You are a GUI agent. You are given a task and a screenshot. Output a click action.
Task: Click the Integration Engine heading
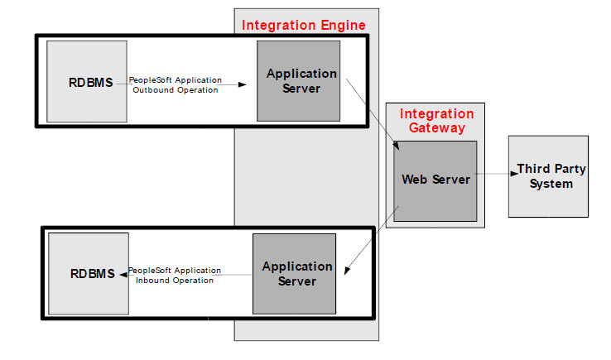[x=303, y=26]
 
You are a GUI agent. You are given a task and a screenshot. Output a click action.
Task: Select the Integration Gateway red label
[x=436, y=121]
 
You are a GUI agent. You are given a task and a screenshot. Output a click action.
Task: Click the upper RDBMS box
[x=88, y=82]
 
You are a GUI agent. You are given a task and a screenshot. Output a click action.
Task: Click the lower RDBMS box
[x=89, y=274]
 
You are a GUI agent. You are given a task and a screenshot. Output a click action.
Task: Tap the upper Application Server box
[x=298, y=81]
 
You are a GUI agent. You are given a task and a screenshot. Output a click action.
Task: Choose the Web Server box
[x=435, y=180]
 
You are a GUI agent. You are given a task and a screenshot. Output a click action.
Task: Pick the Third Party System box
[x=549, y=176]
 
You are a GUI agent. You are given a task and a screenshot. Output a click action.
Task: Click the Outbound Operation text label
[x=176, y=85]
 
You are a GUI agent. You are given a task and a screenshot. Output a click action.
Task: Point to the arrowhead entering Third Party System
[x=513, y=173]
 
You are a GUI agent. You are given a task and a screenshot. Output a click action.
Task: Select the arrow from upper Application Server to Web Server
[x=373, y=113]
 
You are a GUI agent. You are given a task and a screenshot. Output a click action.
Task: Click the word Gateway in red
[x=436, y=128]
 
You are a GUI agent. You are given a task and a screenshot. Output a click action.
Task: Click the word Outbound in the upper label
[x=152, y=90]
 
